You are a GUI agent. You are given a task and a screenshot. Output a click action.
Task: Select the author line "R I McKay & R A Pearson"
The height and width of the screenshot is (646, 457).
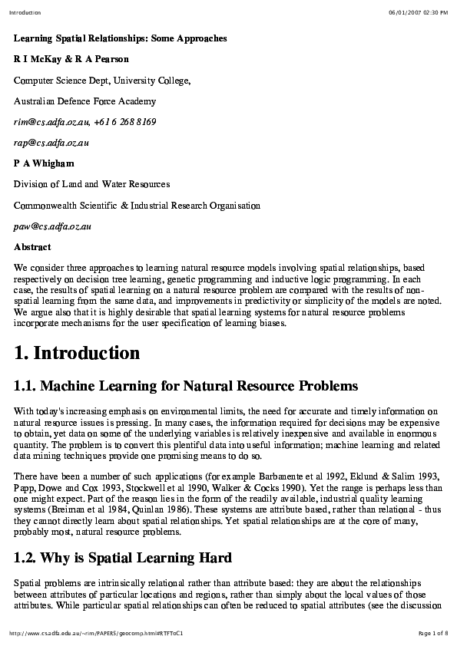point(71,58)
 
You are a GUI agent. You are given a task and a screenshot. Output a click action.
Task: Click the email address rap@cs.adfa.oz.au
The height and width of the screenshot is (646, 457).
point(51,143)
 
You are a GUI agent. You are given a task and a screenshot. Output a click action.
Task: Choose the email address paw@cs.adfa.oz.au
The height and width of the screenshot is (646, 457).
point(53,226)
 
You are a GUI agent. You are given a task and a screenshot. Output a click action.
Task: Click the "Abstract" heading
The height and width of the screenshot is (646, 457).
point(32,247)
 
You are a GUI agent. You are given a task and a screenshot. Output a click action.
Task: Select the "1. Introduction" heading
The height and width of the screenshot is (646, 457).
point(77,353)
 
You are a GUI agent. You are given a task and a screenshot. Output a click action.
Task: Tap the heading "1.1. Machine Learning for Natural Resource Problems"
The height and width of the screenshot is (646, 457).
point(186,385)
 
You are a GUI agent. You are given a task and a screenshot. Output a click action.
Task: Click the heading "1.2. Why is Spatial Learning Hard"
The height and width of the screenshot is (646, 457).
point(123,556)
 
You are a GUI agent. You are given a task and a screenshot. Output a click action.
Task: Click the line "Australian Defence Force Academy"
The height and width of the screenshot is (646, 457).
point(84,101)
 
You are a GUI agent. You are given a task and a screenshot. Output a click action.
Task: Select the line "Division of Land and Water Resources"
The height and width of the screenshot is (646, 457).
point(92,184)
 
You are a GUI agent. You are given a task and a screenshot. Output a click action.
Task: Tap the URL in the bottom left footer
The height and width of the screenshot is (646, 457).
point(96,633)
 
